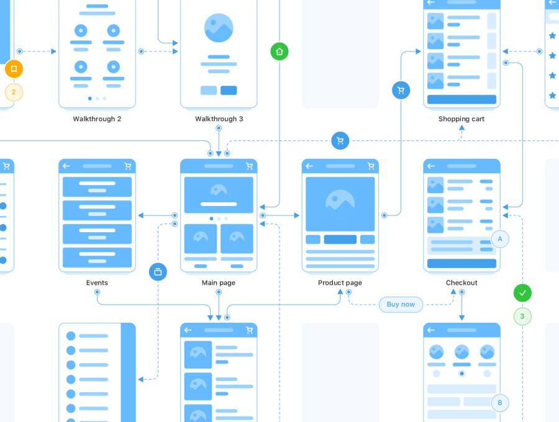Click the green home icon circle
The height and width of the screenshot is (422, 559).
[279, 52]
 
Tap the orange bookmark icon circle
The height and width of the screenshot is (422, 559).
[14, 69]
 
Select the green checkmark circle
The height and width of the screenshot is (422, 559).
[522, 292]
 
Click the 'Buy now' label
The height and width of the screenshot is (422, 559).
[401, 304]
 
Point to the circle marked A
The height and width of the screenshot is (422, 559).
[500, 239]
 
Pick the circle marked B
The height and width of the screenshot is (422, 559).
[500, 403]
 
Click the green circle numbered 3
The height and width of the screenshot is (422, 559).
[522, 316]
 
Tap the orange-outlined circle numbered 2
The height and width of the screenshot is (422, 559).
[14, 93]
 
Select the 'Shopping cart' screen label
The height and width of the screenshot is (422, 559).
[461, 119]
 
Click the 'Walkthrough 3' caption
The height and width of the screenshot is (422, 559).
[219, 119]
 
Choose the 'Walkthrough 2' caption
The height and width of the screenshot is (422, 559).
[97, 119]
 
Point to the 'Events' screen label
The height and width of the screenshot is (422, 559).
[97, 282]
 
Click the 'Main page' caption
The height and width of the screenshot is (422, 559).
[219, 282]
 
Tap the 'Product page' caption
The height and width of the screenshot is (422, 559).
[340, 282]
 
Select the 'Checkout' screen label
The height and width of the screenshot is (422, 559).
[461, 282]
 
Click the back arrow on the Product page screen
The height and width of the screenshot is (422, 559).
[309, 166]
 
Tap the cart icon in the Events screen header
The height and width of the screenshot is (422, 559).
[128, 166]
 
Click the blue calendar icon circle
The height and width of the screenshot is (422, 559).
[158, 272]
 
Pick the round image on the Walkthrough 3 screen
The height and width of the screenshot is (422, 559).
[219, 28]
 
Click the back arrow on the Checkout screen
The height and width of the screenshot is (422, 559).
[431, 166]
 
